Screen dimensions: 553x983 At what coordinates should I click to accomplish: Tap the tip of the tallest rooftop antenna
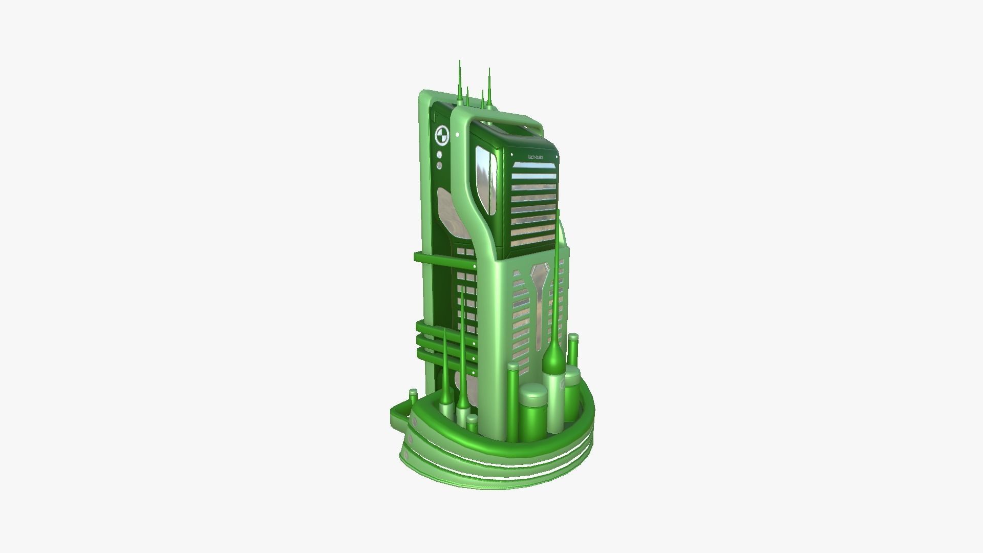tap(459, 62)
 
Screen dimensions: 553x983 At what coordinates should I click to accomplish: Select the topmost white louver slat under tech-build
tap(533, 166)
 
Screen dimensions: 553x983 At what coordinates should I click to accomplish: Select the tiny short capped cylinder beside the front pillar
tap(472, 423)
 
